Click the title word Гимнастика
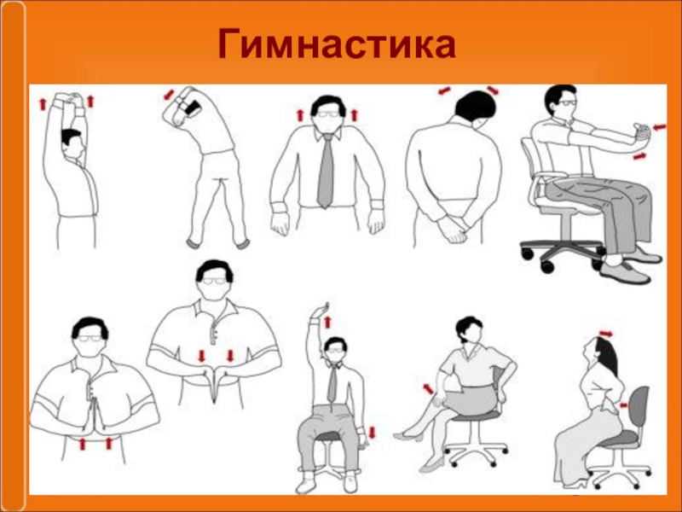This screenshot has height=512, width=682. tap(337, 44)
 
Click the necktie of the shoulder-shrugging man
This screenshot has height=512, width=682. tap(326, 172)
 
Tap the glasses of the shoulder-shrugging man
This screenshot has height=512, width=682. tap(328, 114)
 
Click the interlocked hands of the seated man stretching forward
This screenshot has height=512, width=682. tap(641, 132)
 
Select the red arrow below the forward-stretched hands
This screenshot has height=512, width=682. tap(639, 156)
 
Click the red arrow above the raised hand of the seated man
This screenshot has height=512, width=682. tap(327, 323)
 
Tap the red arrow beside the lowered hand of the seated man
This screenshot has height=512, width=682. tap(372, 433)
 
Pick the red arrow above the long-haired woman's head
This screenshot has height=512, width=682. tap(606, 334)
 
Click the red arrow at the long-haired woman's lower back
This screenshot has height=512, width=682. tap(624, 404)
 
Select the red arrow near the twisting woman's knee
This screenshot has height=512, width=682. tap(429, 389)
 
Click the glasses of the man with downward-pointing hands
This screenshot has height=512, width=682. tap(214, 281)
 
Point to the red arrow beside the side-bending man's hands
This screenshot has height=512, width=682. tap(169, 95)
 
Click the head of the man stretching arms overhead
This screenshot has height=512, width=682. tap(72, 143)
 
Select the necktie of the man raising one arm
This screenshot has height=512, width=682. tap(332, 383)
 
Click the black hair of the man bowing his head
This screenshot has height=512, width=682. tap(476, 104)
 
